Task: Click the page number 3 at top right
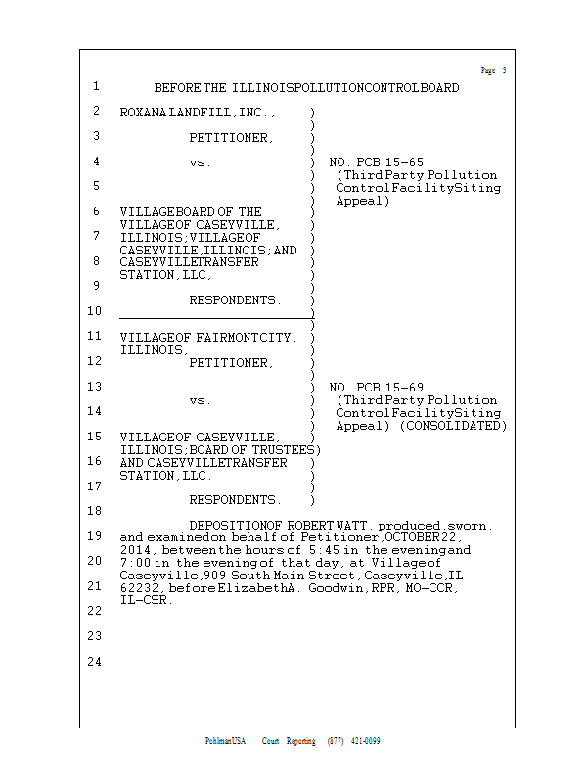[504, 70]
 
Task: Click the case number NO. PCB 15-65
[377, 161]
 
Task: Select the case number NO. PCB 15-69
[377, 388]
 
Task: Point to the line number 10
[95, 311]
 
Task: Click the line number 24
[95, 662]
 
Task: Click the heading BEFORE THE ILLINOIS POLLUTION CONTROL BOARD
[306, 88]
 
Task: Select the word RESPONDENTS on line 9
[235, 299]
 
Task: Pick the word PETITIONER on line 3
[231, 138]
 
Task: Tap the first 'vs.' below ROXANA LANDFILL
[201, 162]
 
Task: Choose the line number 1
[96, 86]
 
